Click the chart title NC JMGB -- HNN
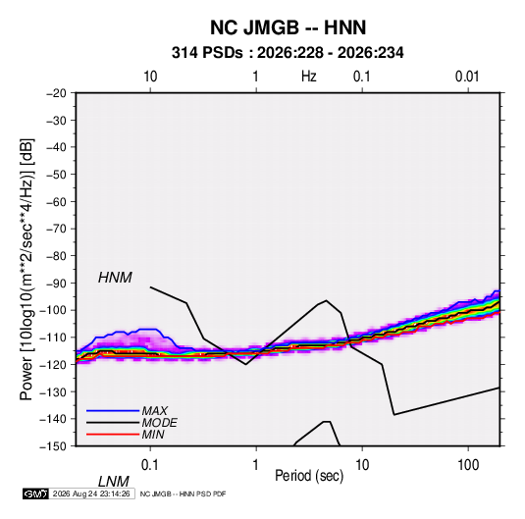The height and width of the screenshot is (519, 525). pos(288,27)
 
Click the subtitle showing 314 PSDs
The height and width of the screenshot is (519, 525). pos(288,53)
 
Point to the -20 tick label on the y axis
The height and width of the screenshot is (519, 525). pos(56,93)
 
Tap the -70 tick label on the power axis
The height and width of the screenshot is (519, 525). pos(56,229)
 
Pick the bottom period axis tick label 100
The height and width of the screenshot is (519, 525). pos(468,465)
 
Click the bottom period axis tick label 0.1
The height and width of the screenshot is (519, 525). pos(150,465)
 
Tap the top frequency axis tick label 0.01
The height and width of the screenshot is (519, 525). pos(467,77)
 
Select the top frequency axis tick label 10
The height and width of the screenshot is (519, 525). pos(150,77)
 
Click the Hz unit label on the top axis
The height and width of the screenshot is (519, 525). pos(309,77)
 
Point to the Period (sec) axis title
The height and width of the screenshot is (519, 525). pos(309,476)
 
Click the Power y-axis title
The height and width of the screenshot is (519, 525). pos(26,269)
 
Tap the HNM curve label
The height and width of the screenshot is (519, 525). pos(115,278)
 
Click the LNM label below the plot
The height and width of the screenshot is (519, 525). pos(113,482)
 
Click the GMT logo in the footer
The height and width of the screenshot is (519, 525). pos(35,493)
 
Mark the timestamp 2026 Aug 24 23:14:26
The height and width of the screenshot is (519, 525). pos(91,493)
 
